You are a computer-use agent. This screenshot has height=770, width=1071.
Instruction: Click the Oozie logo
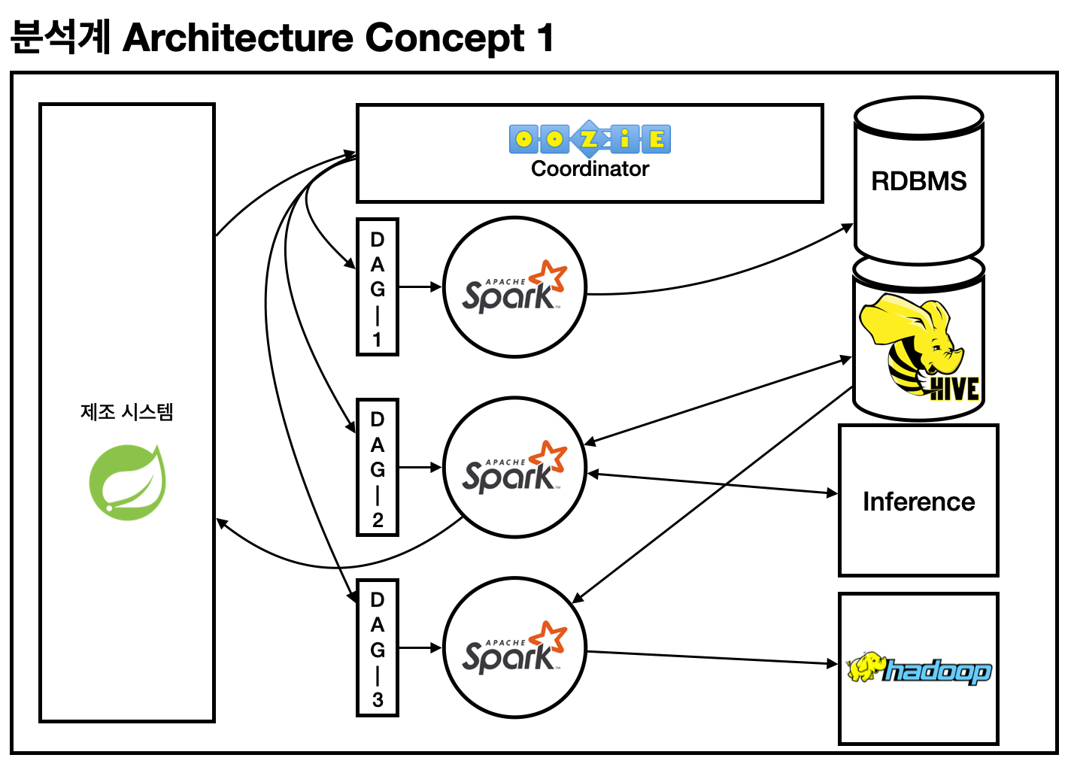click(590, 139)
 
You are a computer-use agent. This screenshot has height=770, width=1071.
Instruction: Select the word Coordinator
click(590, 169)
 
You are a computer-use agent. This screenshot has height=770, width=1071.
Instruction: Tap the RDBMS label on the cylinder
click(918, 181)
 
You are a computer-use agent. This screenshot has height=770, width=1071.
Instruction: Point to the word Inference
click(918, 502)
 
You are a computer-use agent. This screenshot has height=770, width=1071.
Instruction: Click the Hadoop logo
click(918, 668)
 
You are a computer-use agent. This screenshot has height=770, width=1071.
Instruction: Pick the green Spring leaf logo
click(127, 482)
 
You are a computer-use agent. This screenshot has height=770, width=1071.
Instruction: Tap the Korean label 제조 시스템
click(127, 412)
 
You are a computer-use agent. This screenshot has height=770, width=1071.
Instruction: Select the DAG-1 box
click(378, 287)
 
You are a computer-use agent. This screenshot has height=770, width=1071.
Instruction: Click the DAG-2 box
click(378, 468)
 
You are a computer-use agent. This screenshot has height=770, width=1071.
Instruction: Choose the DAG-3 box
click(378, 648)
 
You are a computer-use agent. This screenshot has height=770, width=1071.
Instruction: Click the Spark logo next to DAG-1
click(514, 287)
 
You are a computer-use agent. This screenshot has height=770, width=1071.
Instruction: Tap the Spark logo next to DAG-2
click(514, 468)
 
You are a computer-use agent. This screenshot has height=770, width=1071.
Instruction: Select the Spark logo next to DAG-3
click(514, 648)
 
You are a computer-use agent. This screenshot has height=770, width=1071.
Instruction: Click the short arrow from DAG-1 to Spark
click(420, 287)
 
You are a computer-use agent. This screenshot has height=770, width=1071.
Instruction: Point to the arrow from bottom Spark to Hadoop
click(711, 658)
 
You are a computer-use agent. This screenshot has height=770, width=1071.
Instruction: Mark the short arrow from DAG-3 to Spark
click(420, 648)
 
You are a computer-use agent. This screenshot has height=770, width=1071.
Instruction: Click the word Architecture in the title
click(238, 38)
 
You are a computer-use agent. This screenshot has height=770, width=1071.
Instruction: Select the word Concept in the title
click(444, 38)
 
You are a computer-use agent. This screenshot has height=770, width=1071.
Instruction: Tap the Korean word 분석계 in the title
click(60, 38)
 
